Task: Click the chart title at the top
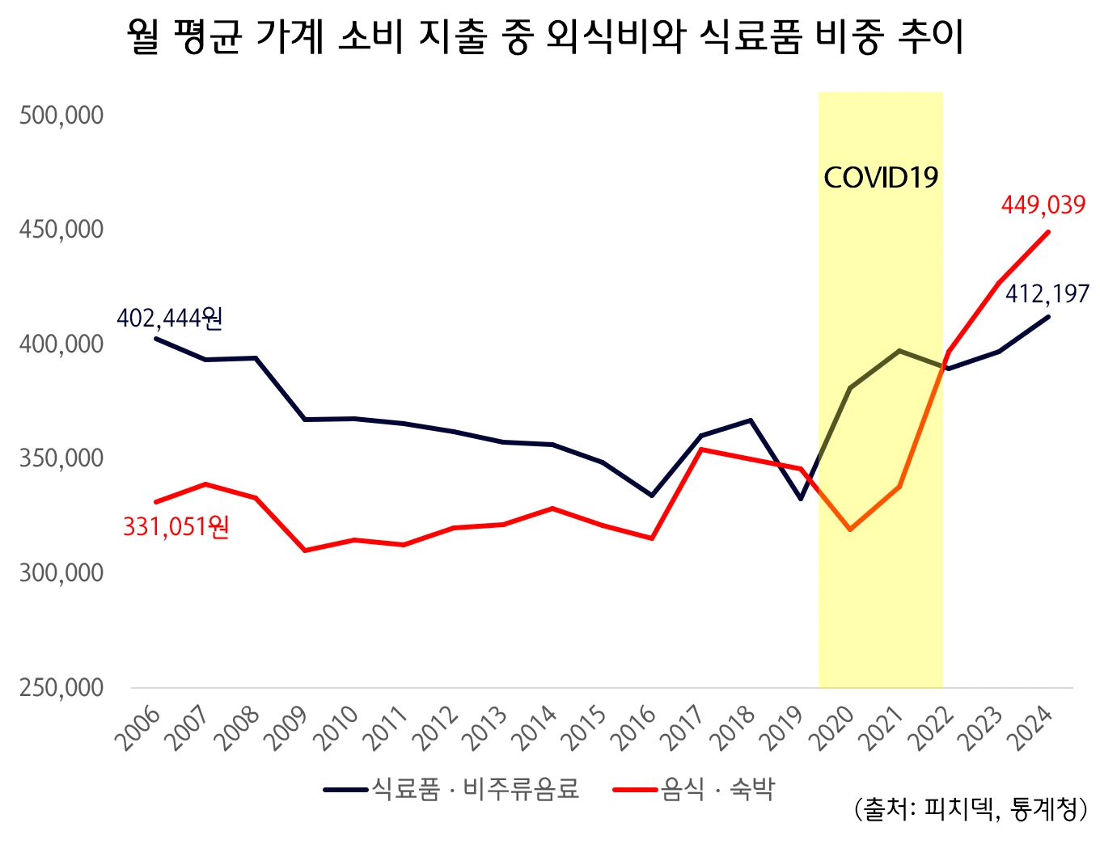(546, 38)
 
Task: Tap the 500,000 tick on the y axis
(61, 116)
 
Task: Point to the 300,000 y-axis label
(61, 573)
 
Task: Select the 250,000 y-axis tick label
(61, 688)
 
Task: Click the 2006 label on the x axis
(137, 728)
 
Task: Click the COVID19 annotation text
(880, 178)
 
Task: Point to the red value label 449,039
(1043, 205)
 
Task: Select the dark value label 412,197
(1047, 294)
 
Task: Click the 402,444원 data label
(170, 319)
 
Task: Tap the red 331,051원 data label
(176, 528)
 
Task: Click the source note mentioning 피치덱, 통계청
(970, 809)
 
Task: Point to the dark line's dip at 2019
(800, 499)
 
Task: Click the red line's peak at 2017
(701, 449)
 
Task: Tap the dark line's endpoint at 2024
(1048, 317)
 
